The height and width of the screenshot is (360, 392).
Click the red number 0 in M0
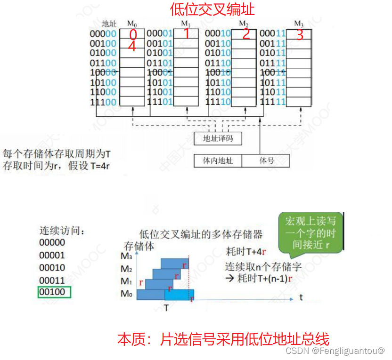tap(132, 35)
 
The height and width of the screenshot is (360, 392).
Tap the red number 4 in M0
tap(132, 47)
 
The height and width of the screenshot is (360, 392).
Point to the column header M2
tap(244, 23)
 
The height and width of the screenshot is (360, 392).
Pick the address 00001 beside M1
tap(160, 33)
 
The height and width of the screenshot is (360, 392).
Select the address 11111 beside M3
tap(273, 102)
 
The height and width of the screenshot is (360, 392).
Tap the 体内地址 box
tap(218, 160)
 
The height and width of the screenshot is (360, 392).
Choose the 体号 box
tap(266, 160)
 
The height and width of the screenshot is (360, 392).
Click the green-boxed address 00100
tap(54, 292)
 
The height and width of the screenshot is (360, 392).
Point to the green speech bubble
tap(310, 234)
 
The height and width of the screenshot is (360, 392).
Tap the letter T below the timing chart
tap(166, 308)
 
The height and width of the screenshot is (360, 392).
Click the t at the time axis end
tap(301, 297)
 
